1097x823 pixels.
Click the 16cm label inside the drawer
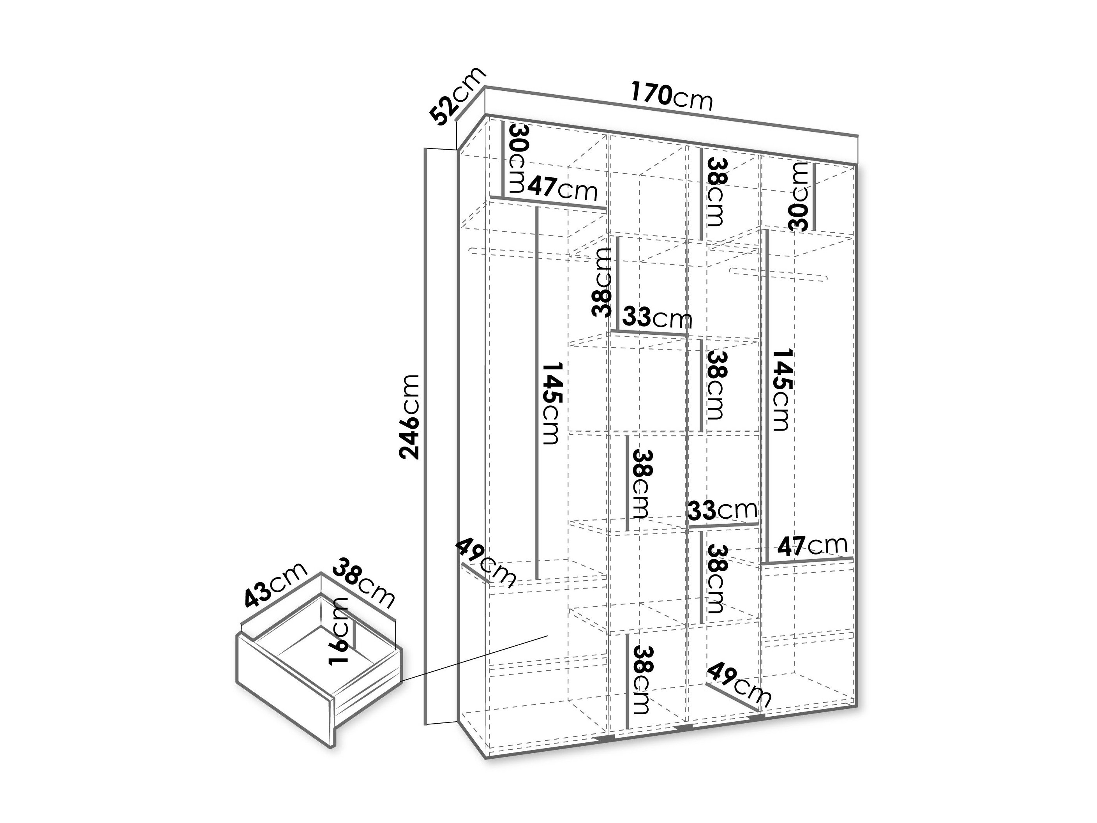pyautogui.click(x=339, y=630)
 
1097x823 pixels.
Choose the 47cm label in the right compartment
pyautogui.click(x=812, y=546)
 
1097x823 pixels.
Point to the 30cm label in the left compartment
pyautogui.click(x=517, y=158)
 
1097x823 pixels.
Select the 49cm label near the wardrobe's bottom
pyautogui.click(x=739, y=685)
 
